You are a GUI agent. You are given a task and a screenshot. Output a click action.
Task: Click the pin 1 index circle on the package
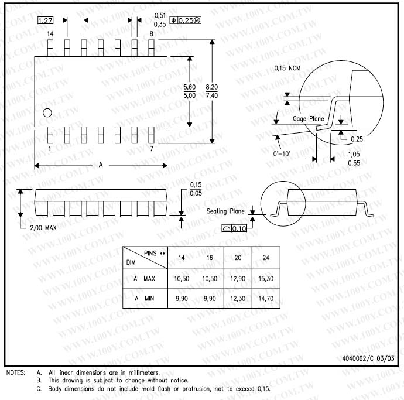pyautogui.click(x=47, y=112)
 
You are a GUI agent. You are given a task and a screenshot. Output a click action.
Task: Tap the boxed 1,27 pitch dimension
pyautogui.click(x=45, y=20)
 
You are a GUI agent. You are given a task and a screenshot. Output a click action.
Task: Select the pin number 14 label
pyautogui.click(x=50, y=34)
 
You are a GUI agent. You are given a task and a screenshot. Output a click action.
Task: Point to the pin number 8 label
pyautogui.click(x=151, y=34)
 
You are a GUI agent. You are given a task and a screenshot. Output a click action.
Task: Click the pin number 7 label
pyautogui.click(x=152, y=149)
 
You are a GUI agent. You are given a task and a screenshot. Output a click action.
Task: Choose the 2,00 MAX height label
pyautogui.click(x=43, y=228)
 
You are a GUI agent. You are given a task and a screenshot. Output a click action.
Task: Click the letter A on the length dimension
pyautogui.click(x=101, y=165)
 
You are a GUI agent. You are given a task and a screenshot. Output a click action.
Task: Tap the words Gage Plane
pyautogui.click(x=309, y=119)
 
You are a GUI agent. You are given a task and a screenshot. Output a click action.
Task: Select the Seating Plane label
pyautogui.click(x=225, y=211)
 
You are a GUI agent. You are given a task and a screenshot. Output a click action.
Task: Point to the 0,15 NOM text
pyautogui.click(x=287, y=68)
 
